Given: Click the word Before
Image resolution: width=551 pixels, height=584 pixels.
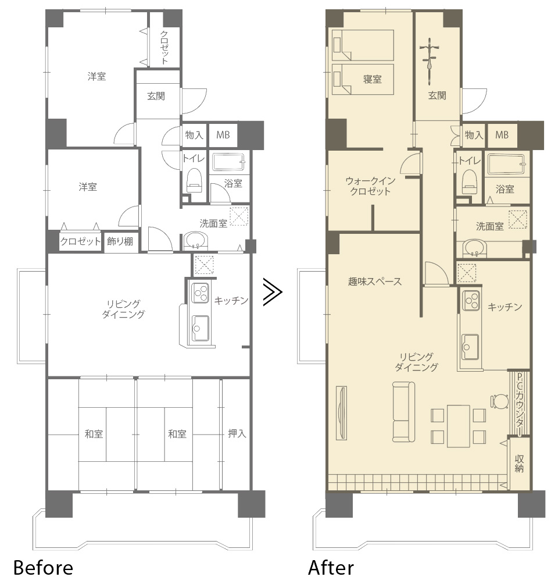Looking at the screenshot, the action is (43, 568).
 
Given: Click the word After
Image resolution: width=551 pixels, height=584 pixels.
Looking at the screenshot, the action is (331, 568).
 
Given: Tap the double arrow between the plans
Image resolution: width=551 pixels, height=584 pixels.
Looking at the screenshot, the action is (273, 292).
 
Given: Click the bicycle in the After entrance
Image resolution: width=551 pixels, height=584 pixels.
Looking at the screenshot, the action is (430, 58).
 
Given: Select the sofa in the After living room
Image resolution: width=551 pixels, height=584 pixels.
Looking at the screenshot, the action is (404, 412).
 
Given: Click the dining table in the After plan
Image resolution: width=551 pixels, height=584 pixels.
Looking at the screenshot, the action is (459, 426).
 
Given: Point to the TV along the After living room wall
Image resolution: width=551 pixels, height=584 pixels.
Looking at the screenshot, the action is (341, 412).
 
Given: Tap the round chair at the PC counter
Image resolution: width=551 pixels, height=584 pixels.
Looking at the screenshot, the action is (499, 401).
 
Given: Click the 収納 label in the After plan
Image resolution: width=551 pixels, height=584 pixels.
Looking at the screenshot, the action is (519, 464).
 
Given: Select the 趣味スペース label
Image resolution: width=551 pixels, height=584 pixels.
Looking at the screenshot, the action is (375, 282).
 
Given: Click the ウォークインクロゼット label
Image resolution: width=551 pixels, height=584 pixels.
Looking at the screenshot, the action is (370, 186).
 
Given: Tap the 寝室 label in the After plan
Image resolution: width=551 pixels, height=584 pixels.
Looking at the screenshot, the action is (372, 79).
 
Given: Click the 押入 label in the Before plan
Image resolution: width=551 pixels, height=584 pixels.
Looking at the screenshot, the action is (237, 433).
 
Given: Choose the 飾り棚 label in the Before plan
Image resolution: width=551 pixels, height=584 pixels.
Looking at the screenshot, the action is (120, 241).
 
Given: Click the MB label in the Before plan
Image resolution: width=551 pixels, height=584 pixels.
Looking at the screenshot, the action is (223, 135).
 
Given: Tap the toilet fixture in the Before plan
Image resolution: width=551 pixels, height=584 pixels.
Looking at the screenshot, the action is (194, 180).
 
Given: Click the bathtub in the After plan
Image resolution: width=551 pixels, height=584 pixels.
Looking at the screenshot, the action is (506, 164).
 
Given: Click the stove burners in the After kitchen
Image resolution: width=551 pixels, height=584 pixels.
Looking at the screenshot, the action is (471, 301).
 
